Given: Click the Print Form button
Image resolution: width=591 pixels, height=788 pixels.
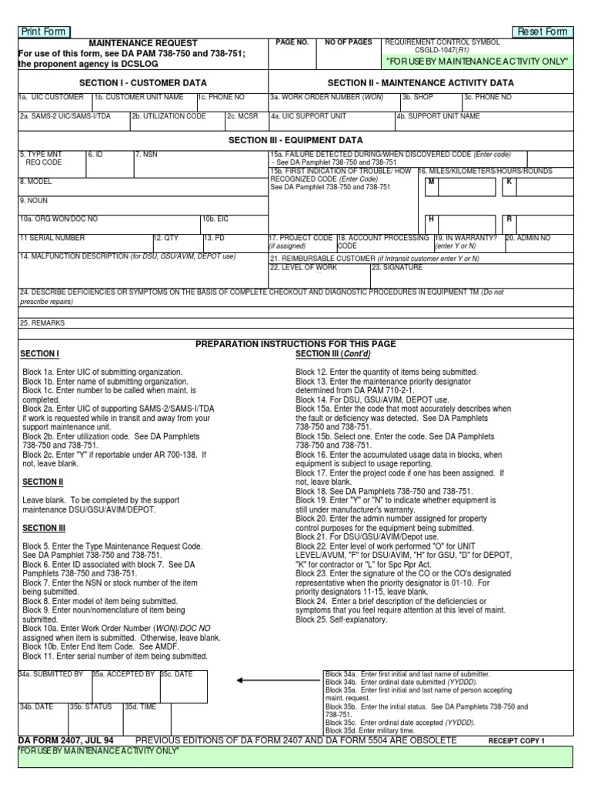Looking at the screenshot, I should (x=43, y=32).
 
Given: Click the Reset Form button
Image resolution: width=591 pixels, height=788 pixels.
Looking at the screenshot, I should (x=543, y=32).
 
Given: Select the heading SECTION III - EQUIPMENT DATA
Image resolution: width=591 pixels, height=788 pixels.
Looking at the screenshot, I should (x=295, y=141).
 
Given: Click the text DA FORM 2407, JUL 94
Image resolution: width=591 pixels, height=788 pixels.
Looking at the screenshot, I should (x=65, y=740).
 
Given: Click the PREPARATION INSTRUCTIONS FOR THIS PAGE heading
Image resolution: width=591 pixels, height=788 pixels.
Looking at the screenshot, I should (x=295, y=343).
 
